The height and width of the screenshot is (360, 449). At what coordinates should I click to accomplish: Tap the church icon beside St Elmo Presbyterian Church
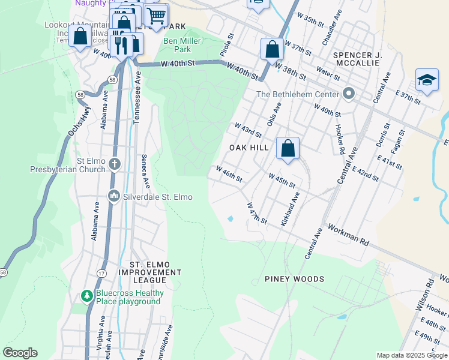point(115,164)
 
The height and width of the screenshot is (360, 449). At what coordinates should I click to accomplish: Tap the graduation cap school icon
point(427,80)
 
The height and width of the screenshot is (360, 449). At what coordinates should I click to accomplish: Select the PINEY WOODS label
point(294,279)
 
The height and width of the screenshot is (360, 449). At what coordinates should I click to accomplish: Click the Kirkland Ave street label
point(291,209)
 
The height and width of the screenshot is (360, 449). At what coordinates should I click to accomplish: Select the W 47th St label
point(257,213)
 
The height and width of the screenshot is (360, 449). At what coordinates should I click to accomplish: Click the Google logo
point(20,353)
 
